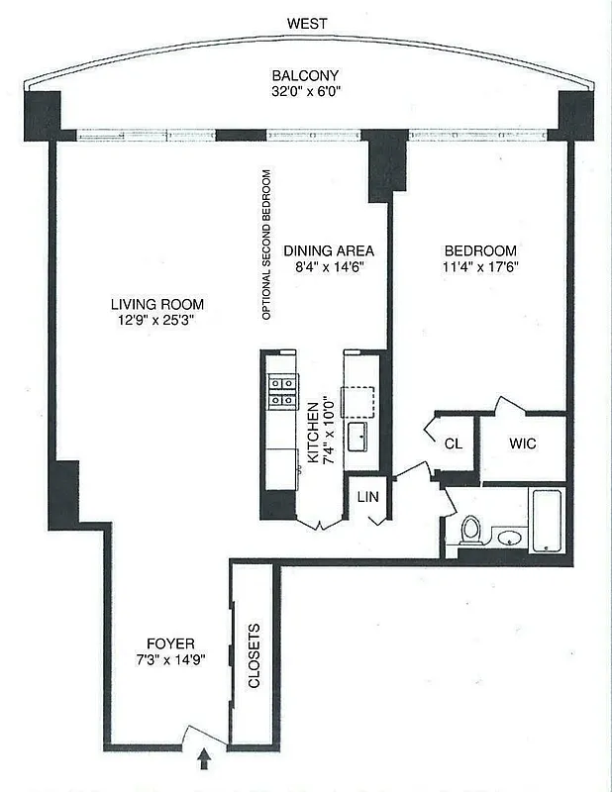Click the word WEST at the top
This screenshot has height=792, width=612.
(x=307, y=23)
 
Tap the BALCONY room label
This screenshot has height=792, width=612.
(x=306, y=75)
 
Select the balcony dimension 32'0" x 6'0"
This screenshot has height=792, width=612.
(x=306, y=92)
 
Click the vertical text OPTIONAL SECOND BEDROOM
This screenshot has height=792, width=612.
(x=266, y=245)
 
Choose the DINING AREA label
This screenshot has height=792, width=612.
(x=328, y=250)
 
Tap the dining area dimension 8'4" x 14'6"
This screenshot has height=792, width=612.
(x=328, y=267)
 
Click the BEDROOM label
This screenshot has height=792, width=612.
(x=480, y=250)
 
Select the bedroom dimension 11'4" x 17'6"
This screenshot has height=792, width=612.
(x=480, y=267)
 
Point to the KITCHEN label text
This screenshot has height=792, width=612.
(x=312, y=433)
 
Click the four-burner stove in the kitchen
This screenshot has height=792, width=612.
(x=280, y=389)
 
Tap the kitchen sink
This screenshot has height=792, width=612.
(x=357, y=437)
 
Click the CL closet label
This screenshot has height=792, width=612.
(x=453, y=445)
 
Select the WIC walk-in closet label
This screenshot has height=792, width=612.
(x=523, y=444)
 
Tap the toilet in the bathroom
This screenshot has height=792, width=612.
(x=471, y=530)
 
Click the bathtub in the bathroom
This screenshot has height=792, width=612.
(x=548, y=521)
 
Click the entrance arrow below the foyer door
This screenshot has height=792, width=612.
(x=205, y=759)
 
